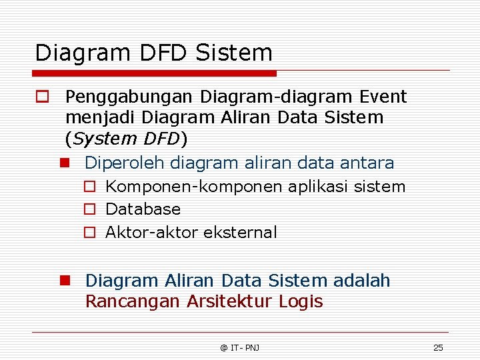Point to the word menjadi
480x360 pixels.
click(98, 118)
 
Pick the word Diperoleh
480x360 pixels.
click(125, 163)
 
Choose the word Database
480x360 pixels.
click(143, 209)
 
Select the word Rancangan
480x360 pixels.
click(133, 302)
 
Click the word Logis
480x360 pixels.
click(301, 302)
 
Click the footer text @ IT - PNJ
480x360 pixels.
click(240, 347)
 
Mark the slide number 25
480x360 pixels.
click(438, 347)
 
